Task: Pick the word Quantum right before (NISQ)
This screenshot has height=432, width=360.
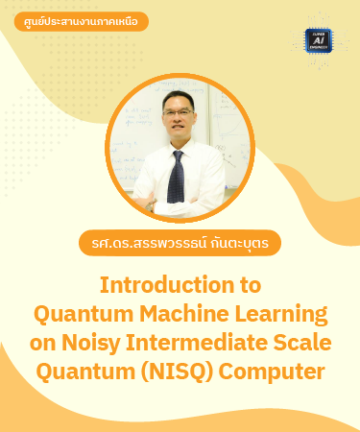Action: click(x=89, y=369)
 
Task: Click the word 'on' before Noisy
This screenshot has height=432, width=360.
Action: click(x=46, y=341)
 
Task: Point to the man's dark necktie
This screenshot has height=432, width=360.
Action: click(x=176, y=173)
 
